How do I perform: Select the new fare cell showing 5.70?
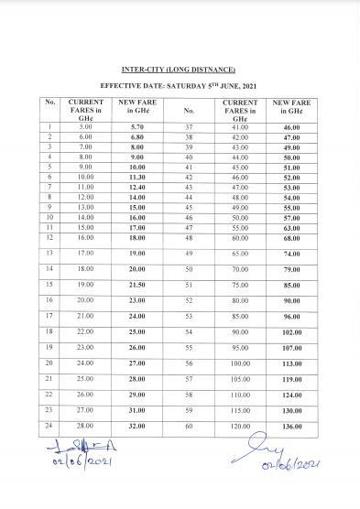click(136, 125)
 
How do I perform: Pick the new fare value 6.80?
click(136, 135)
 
